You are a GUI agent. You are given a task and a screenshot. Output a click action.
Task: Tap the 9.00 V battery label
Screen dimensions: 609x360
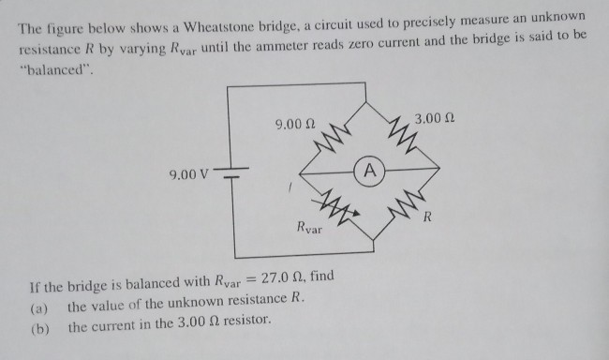pos(190,174)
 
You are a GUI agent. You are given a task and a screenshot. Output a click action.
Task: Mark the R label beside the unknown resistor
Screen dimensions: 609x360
pos(427,218)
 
